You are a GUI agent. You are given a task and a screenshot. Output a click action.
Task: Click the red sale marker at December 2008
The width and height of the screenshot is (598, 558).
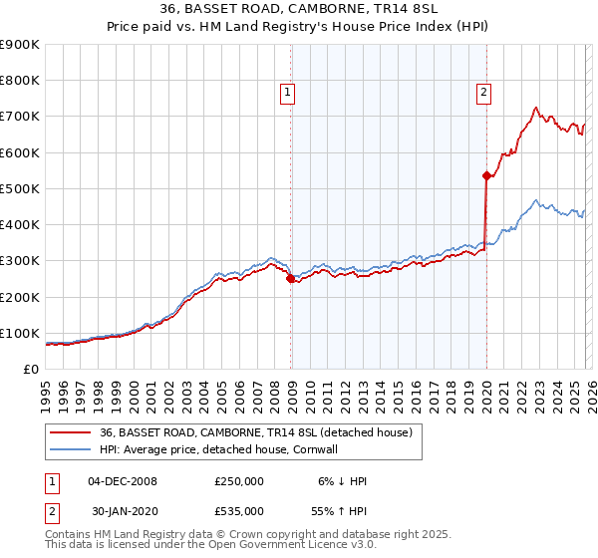[x=290, y=279]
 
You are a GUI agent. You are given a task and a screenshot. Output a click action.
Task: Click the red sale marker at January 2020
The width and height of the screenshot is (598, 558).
[x=486, y=176]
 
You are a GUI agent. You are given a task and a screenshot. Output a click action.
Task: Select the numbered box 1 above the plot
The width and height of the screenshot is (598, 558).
[x=287, y=93]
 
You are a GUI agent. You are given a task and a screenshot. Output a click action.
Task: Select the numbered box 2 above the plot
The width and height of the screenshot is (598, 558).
[x=483, y=93]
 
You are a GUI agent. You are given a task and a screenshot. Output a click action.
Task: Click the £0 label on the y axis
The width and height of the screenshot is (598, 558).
[x=32, y=369]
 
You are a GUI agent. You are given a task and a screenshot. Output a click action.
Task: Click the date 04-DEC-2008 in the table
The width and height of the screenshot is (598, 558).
[x=123, y=481]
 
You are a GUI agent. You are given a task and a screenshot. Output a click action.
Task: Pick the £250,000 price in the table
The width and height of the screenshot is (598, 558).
[x=239, y=481]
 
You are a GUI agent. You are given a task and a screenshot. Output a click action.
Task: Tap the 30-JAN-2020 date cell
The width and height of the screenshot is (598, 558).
[x=123, y=510]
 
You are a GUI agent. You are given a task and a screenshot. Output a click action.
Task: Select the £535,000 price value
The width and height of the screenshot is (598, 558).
[x=239, y=510]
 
